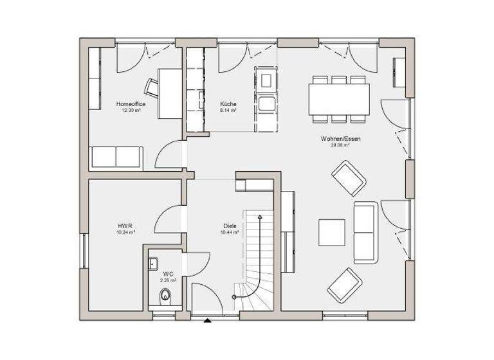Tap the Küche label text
pyautogui.click(x=228, y=104)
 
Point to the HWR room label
pyautogui.click(x=125, y=226)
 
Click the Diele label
pyautogui.click(x=230, y=226)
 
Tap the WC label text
pyautogui.click(x=168, y=274)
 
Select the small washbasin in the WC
pyautogui.click(x=153, y=262)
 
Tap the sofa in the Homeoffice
pyautogui.click(x=116, y=156)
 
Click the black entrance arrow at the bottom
pyautogui.click(x=207, y=319)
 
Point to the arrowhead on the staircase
pyautogui.click(x=260, y=219)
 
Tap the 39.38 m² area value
pyautogui.click(x=340, y=145)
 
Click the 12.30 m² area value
pyautogui.click(x=131, y=110)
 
